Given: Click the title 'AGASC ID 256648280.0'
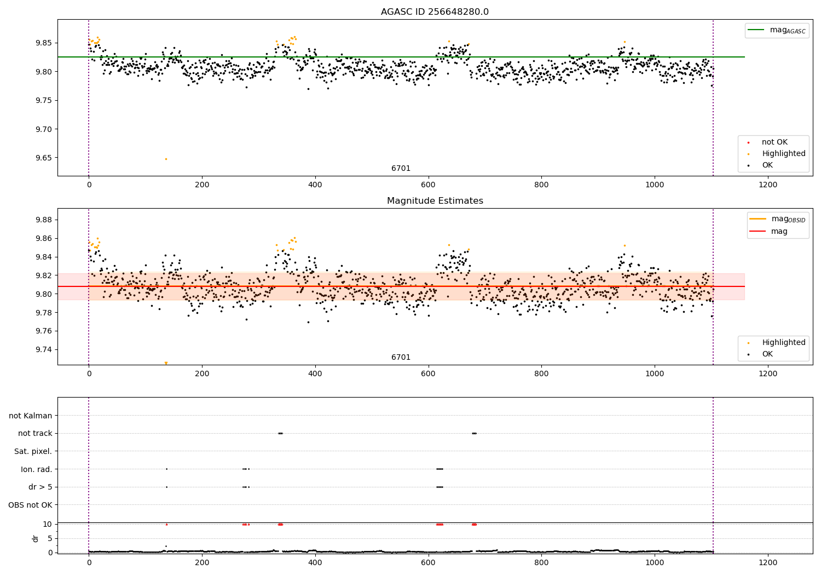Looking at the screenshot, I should tap(435, 12).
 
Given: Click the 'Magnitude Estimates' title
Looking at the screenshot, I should tap(435, 201).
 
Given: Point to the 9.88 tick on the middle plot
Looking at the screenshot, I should tap(44, 220).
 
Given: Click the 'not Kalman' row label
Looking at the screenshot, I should tap(31, 416).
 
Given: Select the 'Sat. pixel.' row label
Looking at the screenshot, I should tap(33, 451).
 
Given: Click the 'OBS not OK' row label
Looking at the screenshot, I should tap(30, 505).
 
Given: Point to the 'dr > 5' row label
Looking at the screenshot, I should tap(41, 487).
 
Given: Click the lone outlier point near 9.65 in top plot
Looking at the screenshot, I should tap(166, 159).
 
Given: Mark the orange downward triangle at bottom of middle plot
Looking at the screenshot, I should tap(166, 363).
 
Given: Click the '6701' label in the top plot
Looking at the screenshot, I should tap(401, 169).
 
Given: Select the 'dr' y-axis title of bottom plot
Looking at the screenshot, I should tap(36, 538).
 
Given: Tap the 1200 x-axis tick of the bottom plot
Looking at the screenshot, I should tap(768, 562).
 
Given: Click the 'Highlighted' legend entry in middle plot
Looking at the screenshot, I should tap(783, 343).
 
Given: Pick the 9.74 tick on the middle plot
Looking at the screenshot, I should tap(44, 349).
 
